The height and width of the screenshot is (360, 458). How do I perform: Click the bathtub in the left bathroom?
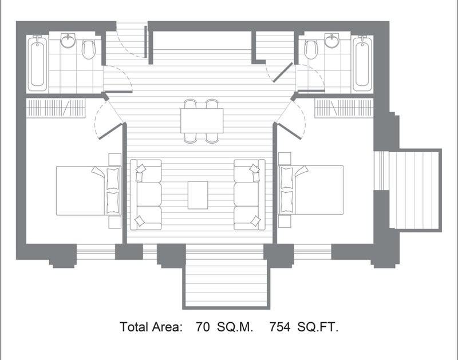(38, 64)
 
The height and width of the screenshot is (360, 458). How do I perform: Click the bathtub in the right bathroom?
(362, 64)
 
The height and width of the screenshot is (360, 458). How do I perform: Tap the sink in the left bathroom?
(68, 40)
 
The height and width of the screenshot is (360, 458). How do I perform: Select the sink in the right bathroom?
(332, 40)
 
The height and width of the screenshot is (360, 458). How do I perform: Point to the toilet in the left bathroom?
(89, 49)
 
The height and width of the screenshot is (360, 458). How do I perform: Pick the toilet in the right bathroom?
(311, 49)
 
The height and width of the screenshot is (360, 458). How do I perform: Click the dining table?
(202, 121)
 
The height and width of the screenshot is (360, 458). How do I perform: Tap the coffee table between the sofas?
(198, 195)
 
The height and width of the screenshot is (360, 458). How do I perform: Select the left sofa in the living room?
(146, 195)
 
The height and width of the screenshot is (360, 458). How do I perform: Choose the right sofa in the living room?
(250, 195)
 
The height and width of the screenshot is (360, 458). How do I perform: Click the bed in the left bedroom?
(89, 191)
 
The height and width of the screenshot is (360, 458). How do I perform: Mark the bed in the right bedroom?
(311, 190)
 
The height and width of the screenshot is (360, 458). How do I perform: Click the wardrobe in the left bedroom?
(56, 108)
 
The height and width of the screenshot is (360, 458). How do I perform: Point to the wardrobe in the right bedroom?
(344, 108)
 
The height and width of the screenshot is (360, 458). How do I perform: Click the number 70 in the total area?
(203, 327)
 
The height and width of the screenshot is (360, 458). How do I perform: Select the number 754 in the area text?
(280, 327)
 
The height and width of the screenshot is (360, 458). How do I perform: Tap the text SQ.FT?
(318, 327)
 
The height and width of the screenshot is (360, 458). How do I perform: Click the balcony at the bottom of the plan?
(226, 278)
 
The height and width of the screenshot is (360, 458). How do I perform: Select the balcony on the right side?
(415, 190)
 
